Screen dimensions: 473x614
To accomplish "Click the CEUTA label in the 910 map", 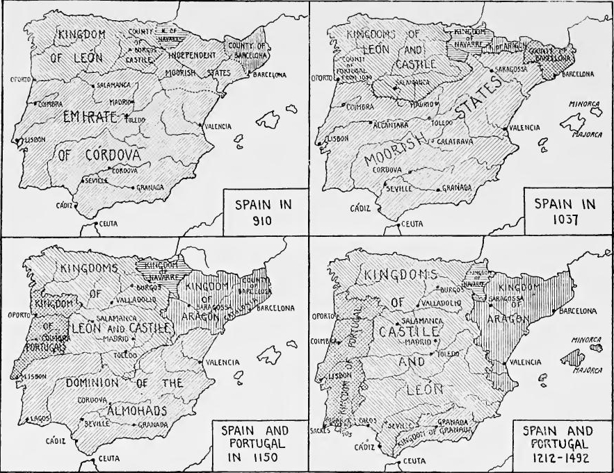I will pyautogui.click(x=111, y=224).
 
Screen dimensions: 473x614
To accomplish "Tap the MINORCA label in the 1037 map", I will pyautogui.click(x=581, y=103).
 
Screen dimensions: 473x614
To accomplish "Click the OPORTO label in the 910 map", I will pyautogui.click(x=17, y=80).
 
